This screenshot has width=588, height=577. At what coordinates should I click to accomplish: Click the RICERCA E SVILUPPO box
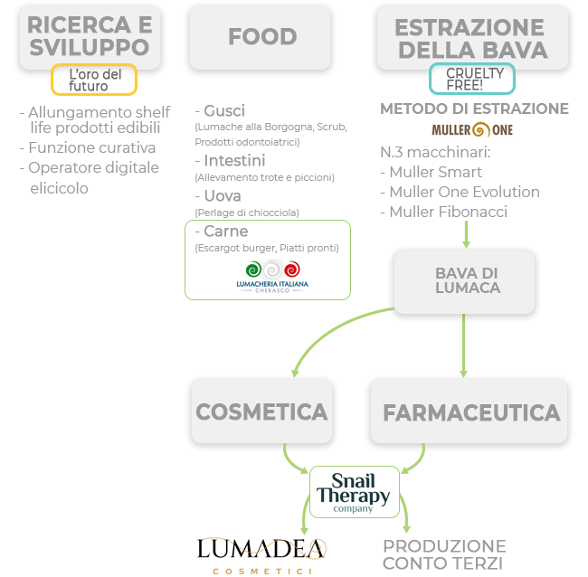[90, 37]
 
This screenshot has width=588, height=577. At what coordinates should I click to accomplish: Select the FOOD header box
[262, 37]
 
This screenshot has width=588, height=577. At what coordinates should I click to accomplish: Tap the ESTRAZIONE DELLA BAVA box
[471, 37]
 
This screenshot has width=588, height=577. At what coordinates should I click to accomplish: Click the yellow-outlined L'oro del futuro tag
[94, 80]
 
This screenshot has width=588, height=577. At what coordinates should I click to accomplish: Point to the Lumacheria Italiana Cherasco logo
[272, 277]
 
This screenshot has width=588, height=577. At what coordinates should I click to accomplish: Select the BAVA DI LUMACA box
[465, 281]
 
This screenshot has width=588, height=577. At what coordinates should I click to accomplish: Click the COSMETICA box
[261, 412]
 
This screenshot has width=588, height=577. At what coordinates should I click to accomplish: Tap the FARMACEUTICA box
[470, 412]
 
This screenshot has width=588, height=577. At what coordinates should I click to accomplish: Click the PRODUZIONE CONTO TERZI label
[443, 554]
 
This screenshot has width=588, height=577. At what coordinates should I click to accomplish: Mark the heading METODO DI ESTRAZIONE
[474, 109]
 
